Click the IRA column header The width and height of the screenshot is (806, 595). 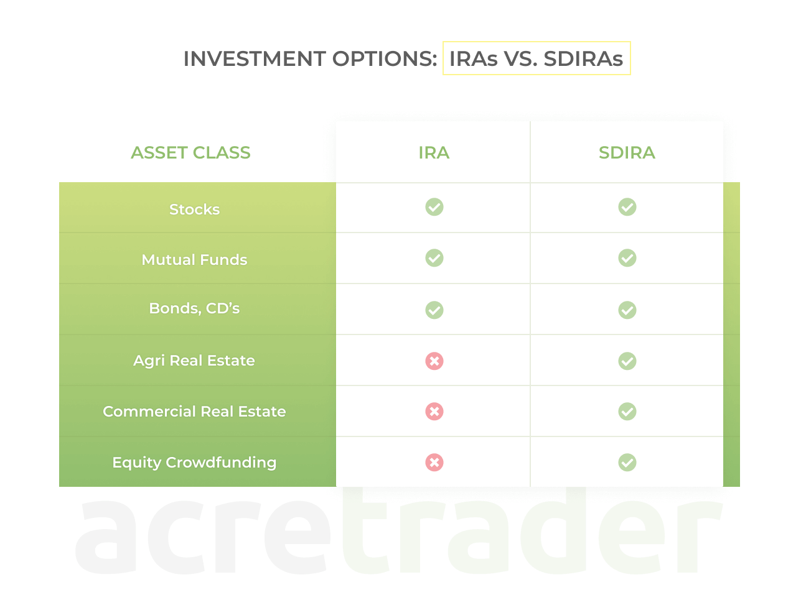(434, 153)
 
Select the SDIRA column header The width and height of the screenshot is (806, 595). (627, 153)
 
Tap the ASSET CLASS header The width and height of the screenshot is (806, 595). (190, 153)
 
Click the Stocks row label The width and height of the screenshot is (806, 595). (194, 210)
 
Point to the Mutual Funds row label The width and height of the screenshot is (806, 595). (194, 260)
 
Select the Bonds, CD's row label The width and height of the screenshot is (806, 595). (194, 308)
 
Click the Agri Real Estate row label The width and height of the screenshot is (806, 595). (194, 361)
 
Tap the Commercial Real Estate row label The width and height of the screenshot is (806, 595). (194, 412)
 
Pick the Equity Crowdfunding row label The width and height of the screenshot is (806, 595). (194, 463)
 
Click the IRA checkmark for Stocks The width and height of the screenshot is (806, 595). (434, 207)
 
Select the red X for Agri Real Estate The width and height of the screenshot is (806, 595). (434, 361)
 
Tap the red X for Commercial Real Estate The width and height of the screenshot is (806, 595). (434, 412)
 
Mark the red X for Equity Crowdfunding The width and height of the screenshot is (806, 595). (434, 463)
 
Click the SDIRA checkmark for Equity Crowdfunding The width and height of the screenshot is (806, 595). (627, 463)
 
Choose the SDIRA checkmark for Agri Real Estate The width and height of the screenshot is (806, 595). (627, 361)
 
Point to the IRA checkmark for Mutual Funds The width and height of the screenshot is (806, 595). (434, 258)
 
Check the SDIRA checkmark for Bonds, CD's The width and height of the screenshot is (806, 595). (627, 310)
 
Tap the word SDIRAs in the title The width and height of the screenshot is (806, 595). (583, 59)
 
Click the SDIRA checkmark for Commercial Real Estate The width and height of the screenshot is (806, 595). (627, 412)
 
